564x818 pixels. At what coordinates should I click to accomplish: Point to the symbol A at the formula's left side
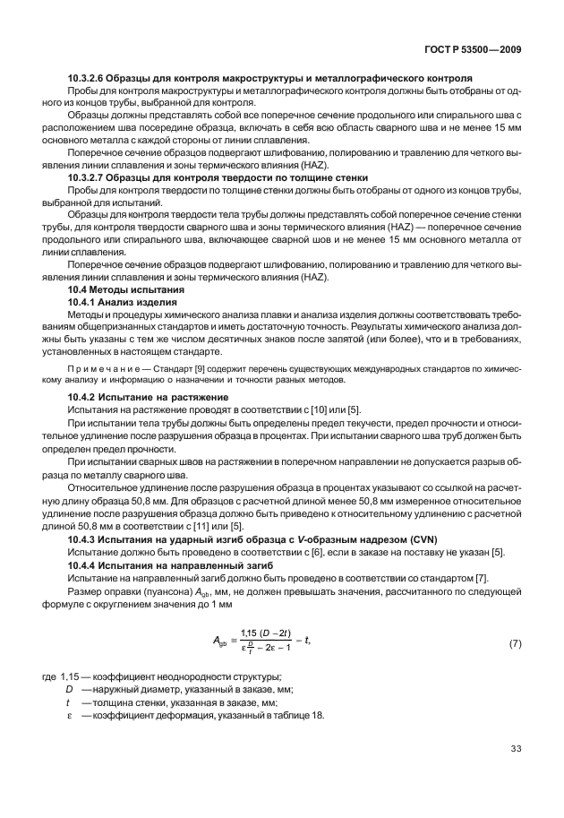tap(217, 641)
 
